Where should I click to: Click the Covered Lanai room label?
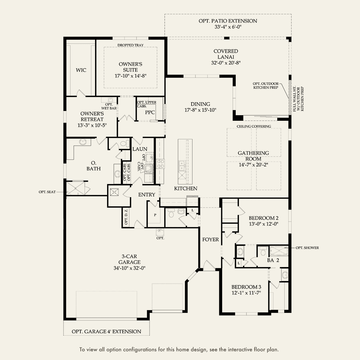[226, 54]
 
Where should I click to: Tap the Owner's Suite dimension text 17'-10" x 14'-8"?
[130, 76]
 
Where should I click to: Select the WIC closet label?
[81, 70]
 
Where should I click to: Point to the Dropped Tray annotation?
[130, 45]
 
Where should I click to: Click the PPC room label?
[150, 112]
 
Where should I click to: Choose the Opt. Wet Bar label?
[109, 106]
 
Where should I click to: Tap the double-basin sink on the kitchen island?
[182, 165]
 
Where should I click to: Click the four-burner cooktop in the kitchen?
[160, 164]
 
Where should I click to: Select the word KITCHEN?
[186, 188]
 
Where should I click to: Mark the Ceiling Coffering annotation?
[254, 126]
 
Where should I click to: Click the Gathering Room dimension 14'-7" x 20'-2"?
[253, 165]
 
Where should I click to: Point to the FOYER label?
[210, 240]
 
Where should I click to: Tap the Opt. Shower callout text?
[307, 248]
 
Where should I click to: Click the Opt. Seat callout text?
[47, 192]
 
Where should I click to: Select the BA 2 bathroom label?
[273, 260]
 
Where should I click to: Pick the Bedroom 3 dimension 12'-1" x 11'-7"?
[246, 293]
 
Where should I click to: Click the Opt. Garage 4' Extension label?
[106, 332]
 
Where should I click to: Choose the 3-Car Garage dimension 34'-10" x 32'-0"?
[129, 268]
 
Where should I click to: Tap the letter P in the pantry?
[155, 215]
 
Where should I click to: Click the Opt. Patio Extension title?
[228, 21]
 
